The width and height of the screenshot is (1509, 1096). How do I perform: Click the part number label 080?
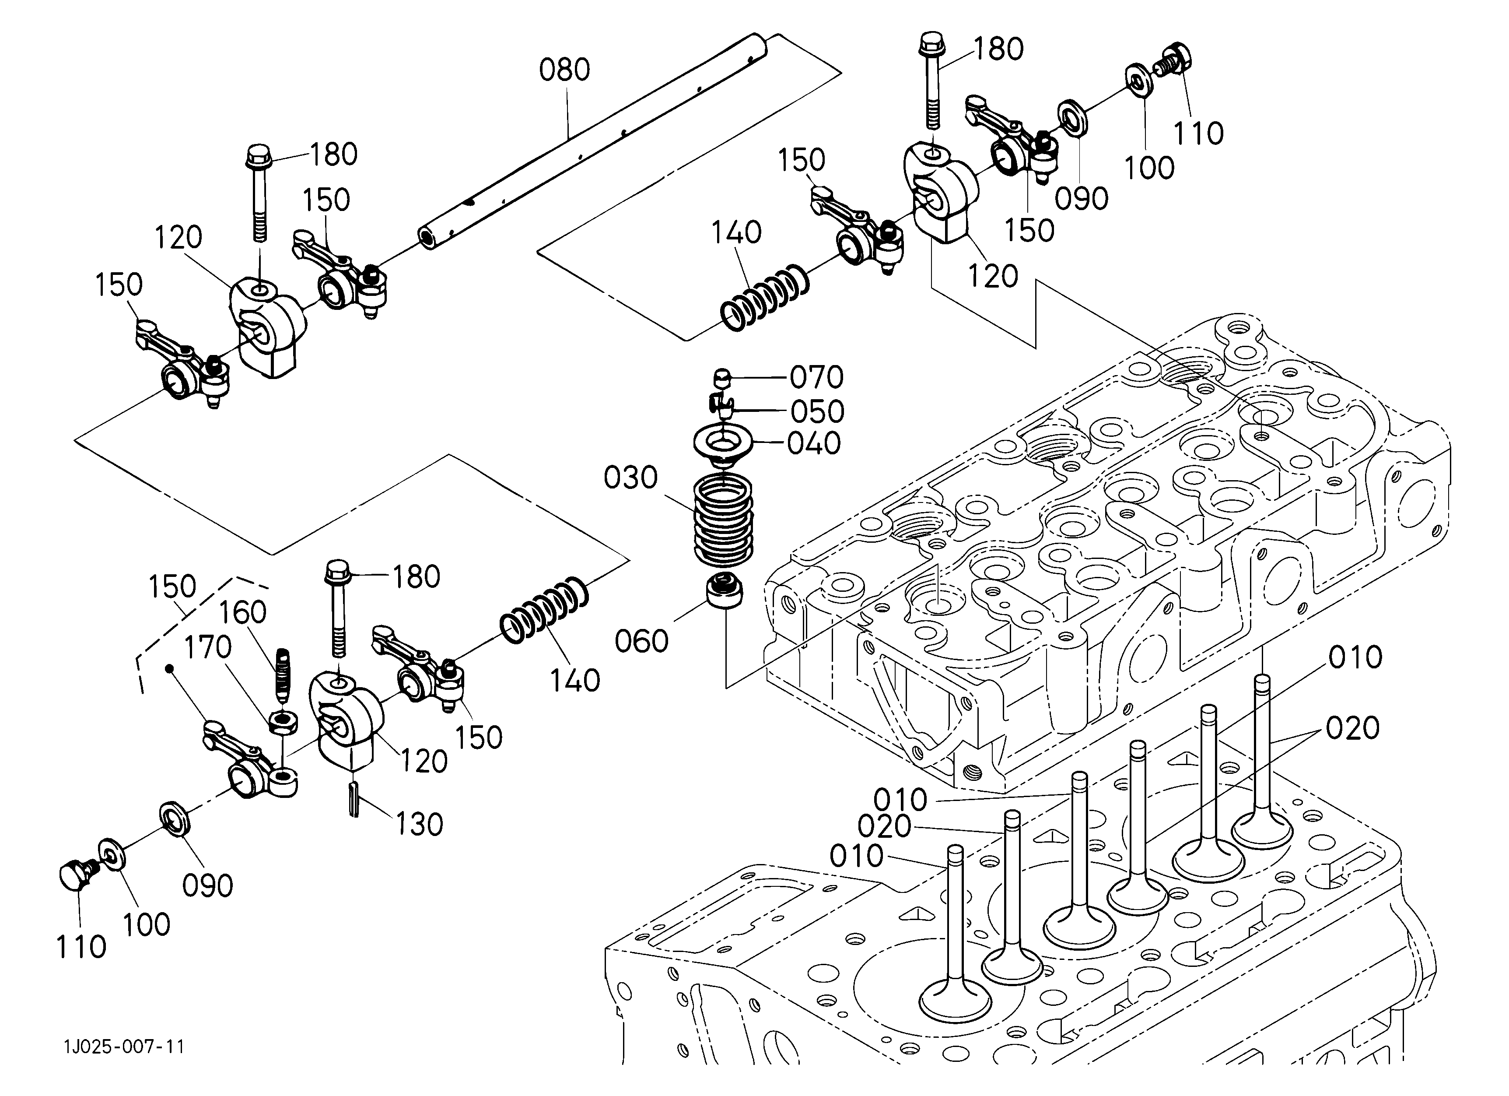click(x=564, y=70)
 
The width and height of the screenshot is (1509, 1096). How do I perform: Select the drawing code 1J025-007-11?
click(x=124, y=1046)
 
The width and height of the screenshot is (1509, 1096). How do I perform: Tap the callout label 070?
click(x=817, y=377)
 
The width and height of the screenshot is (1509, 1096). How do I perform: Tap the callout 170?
click(x=207, y=647)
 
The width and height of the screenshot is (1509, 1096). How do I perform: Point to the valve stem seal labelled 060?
click(x=725, y=589)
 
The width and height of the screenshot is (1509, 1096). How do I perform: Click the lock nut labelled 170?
click(x=284, y=721)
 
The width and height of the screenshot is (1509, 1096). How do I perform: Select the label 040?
click(x=814, y=443)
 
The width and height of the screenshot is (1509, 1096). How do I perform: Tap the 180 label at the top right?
click(x=998, y=49)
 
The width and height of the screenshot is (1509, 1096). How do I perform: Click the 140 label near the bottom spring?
click(x=575, y=680)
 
